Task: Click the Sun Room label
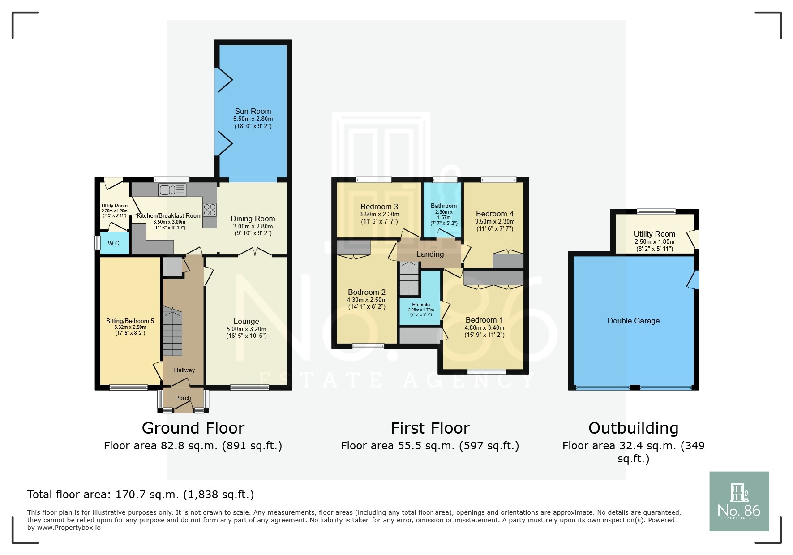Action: tap(253, 111)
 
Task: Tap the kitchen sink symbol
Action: tap(172, 190)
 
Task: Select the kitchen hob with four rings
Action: tap(210, 210)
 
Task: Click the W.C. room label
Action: tap(114, 243)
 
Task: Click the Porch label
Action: tap(183, 398)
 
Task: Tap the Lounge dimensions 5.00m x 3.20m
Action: tap(246, 329)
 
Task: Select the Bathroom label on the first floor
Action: tap(444, 206)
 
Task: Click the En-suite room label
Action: tap(421, 305)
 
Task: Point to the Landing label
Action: tap(430, 254)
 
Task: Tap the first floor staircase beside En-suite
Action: tap(409, 279)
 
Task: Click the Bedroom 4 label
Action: tap(494, 214)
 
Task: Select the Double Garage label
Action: tap(633, 321)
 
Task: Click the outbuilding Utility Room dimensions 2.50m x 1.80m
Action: tap(654, 241)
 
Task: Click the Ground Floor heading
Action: tap(193, 428)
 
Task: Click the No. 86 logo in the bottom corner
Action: tap(739, 501)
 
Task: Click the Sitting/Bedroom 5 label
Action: tap(130, 321)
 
